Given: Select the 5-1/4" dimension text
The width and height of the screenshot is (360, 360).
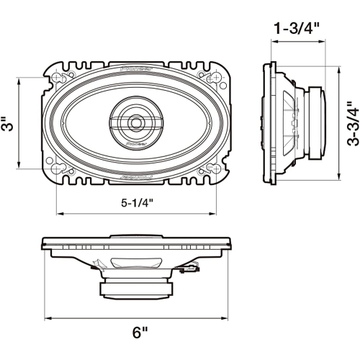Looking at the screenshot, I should coord(137,204).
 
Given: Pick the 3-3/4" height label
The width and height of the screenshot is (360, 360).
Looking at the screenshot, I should coord(351,123).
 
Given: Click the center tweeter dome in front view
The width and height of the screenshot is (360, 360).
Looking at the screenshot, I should coord(135,123).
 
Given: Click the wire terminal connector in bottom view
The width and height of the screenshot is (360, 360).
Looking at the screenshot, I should coord(192,271).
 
